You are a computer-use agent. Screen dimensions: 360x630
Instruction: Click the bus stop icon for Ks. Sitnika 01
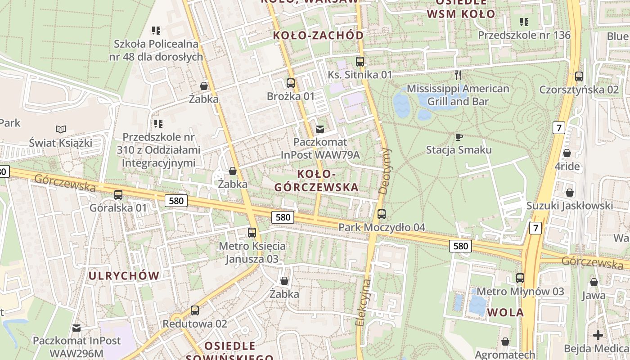[360, 62]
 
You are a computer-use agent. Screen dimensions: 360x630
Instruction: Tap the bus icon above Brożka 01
[290, 83]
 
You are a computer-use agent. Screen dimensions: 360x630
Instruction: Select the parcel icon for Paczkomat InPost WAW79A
[320, 129]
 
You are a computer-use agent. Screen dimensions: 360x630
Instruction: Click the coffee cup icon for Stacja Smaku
[459, 137]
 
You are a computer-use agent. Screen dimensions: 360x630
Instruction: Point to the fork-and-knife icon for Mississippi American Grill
[458, 75]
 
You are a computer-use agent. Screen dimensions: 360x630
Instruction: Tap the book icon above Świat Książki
[61, 130]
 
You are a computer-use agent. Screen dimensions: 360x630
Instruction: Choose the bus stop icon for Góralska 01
[118, 195]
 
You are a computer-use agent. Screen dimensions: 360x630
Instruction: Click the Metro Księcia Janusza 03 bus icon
[252, 233]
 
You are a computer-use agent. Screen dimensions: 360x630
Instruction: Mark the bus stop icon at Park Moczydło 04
[382, 214]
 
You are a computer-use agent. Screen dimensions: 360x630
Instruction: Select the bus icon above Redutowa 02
[195, 310]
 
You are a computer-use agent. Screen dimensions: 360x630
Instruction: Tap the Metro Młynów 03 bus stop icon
[520, 278]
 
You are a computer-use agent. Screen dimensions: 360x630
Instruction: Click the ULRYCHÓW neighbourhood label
[124, 276]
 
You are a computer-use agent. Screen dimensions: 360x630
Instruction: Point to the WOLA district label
[506, 312]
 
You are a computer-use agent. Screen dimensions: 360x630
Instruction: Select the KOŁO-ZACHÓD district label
[319, 36]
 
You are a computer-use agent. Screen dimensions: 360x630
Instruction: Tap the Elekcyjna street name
[363, 302]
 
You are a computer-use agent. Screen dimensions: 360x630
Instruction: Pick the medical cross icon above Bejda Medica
[598, 335]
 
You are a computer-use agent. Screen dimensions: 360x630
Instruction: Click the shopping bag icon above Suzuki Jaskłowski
[570, 193]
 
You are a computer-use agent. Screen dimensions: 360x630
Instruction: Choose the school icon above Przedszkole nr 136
[524, 22]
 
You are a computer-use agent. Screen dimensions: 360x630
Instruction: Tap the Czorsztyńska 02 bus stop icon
[579, 76]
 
